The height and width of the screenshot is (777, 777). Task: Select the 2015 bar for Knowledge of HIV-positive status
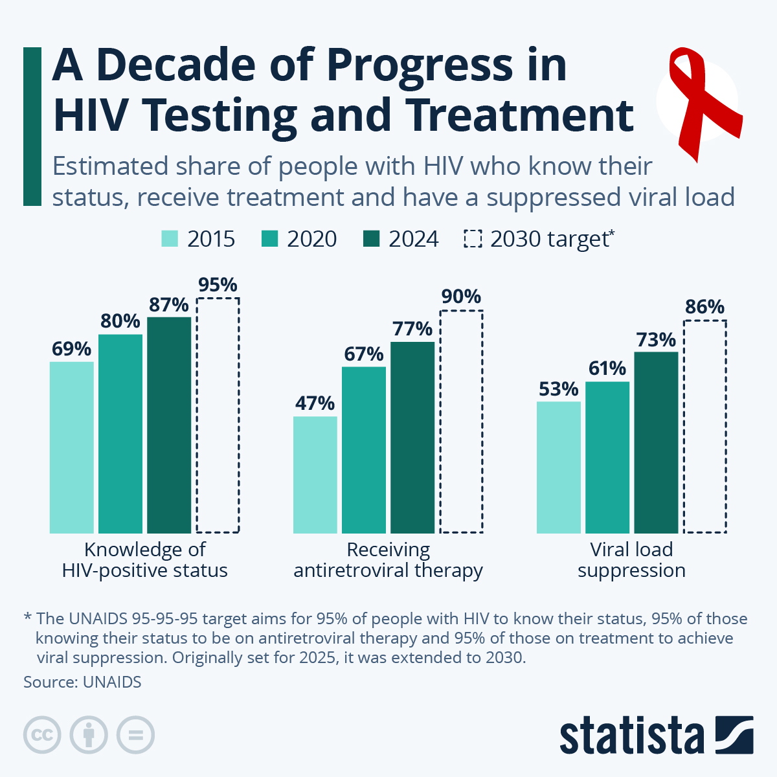click(x=72, y=447)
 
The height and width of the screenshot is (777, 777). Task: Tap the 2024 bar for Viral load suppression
click(x=656, y=442)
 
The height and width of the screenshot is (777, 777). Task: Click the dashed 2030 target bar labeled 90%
click(x=461, y=422)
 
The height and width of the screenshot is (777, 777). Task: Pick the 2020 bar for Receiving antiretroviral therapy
click(x=364, y=449)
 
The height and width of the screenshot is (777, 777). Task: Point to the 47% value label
click(x=315, y=403)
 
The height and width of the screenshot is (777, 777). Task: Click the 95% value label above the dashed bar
click(x=218, y=285)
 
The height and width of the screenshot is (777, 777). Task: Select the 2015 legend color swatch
click(x=170, y=239)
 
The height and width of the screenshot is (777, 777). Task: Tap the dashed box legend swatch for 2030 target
click(x=473, y=239)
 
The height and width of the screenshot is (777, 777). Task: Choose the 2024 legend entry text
click(x=413, y=239)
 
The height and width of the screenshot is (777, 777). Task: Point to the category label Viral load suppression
click(x=631, y=560)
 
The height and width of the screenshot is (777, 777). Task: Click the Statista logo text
click(x=631, y=736)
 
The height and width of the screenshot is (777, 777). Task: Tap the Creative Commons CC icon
click(x=42, y=736)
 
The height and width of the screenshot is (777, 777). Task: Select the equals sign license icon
click(x=135, y=736)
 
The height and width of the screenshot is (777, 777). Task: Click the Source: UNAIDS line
click(x=82, y=682)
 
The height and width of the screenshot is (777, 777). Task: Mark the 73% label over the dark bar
click(x=656, y=340)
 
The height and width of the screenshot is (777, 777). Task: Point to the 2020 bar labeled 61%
click(x=607, y=457)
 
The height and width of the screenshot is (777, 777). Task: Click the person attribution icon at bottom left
click(x=89, y=736)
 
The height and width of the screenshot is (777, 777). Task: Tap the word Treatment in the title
click(x=521, y=115)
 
